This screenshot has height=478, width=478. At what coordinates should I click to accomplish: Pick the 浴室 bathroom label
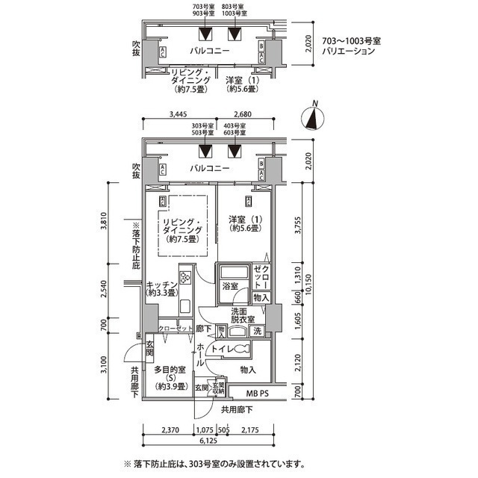[x=229, y=286]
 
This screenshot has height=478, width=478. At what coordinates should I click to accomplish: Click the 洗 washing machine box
[x=256, y=331]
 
